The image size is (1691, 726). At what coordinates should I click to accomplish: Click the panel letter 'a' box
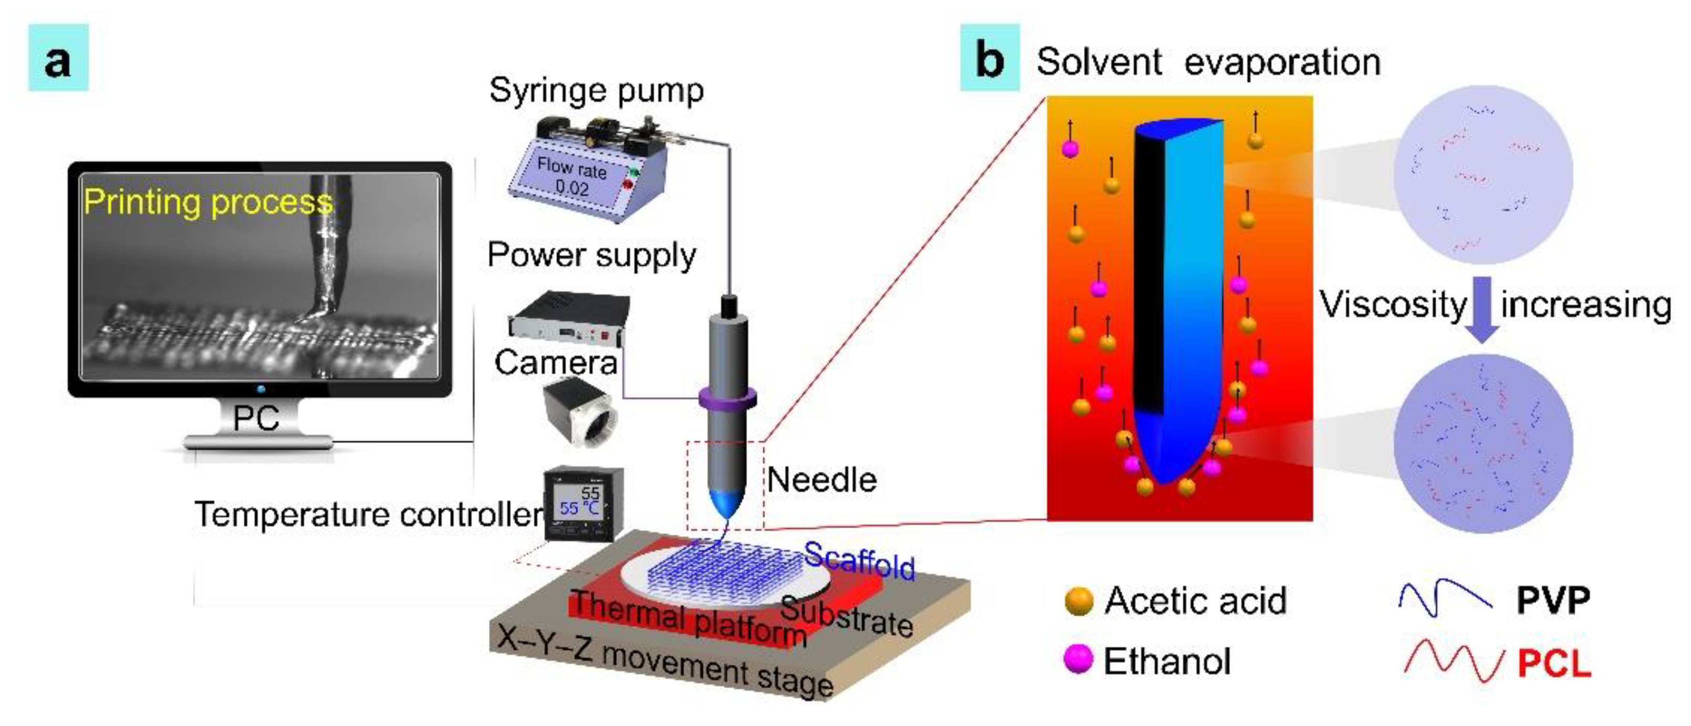tap(58, 58)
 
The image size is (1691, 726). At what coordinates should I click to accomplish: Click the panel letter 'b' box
tap(989, 58)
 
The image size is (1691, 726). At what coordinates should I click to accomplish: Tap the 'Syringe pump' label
tap(596, 91)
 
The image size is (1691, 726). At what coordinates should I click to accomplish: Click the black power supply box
tap(568, 318)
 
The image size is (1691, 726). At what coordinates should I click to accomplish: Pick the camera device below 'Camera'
tap(580, 414)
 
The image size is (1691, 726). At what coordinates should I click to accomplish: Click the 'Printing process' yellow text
tap(208, 202)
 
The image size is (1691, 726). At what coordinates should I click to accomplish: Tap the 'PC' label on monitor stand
tap(256, 417)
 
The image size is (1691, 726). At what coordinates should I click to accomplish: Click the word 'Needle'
tap(822, 480)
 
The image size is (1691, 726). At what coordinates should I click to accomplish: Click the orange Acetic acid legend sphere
tap(1079, 601)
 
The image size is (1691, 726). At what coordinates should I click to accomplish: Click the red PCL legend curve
tap(1452, 661)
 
